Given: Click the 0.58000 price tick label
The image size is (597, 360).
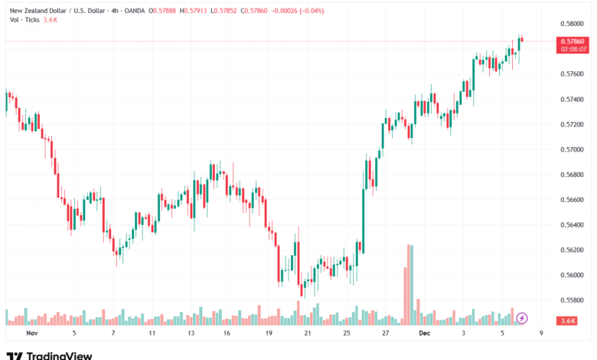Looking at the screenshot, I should pos(573,24).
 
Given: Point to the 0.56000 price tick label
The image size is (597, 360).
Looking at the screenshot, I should pos(573,275).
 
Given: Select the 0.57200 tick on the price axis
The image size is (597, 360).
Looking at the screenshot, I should pos(573,124).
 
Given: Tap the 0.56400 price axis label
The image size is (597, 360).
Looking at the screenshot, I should pos(573,224).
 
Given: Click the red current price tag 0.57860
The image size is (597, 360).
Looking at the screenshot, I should pos(573,41).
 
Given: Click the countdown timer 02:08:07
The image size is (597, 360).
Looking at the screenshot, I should pos(573,48).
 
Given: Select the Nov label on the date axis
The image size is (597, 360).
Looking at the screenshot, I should pos(31,334).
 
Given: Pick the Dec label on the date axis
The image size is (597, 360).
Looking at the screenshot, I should pos(424,334).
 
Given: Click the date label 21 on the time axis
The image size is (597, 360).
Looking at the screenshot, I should pos(308,334).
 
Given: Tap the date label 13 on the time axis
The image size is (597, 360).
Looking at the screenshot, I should pos(191,334).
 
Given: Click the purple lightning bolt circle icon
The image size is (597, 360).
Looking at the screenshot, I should pos(522,317).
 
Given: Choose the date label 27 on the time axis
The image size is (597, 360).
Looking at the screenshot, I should pos(385,334).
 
